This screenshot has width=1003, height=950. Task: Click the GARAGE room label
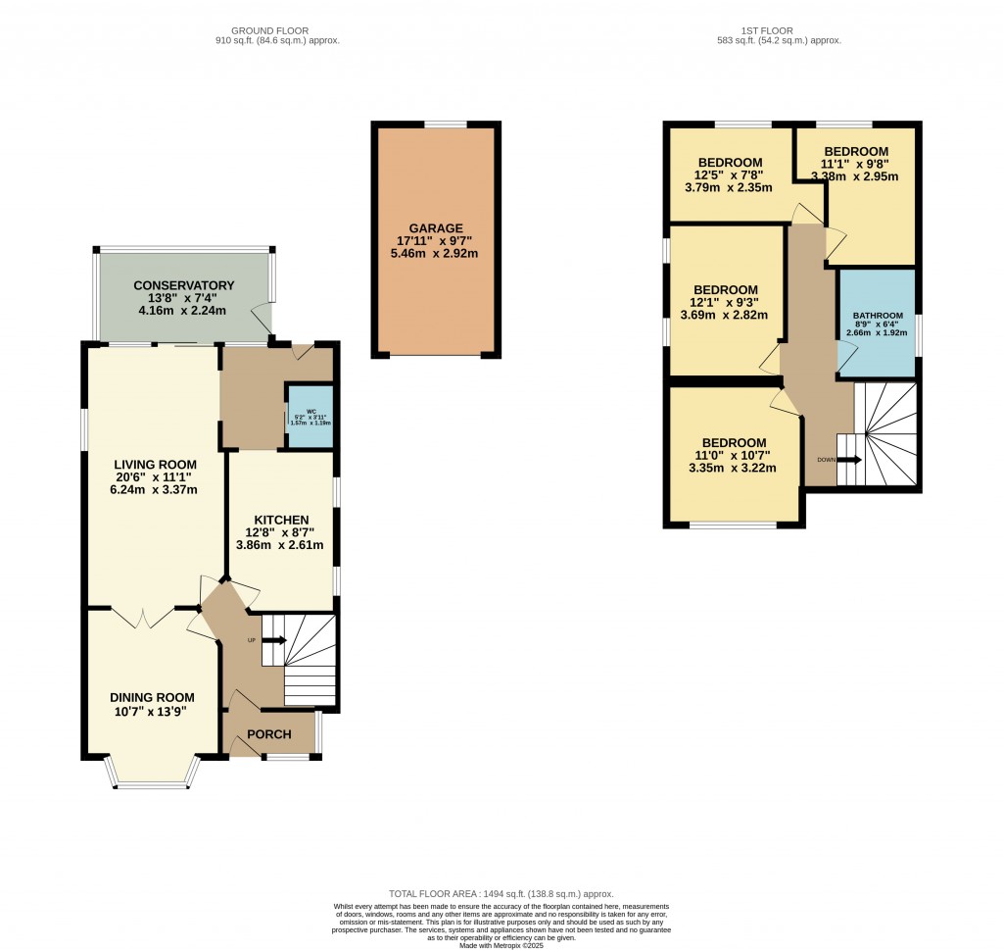(x=437, y=227)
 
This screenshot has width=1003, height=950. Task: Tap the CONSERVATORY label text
(x=185, y=285)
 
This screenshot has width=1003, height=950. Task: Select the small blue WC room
(x=310, y=417)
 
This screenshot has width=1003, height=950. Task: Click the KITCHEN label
(x=282, y=520)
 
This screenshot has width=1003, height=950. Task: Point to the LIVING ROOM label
(x=155, y=464)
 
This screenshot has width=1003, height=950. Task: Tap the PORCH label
(x=269, y=734)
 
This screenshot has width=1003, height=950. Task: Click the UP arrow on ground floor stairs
(x=275, y=641)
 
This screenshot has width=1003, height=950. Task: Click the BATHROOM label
(x=877, y=316)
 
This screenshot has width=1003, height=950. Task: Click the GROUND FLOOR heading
(x=276, y=30)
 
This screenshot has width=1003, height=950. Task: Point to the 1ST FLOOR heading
(x=779, y=30)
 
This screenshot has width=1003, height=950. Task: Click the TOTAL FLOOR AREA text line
(x=501, y=894)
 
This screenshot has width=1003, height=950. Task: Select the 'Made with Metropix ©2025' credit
(x=501, y=944)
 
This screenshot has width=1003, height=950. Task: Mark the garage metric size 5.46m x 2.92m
(x=437, y=253)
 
